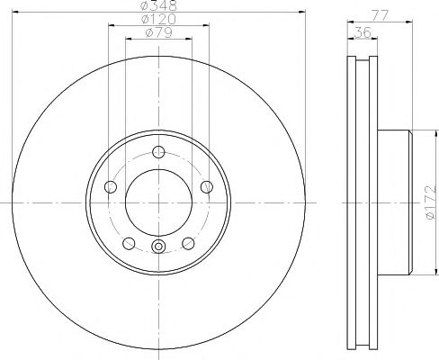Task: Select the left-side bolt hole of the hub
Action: point(111,186)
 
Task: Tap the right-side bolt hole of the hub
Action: point(206,186)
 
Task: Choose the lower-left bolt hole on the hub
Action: point(129,243)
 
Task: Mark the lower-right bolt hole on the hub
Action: point(188,243)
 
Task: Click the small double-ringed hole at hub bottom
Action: point(158,248)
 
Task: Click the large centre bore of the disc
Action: point(158,202)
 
